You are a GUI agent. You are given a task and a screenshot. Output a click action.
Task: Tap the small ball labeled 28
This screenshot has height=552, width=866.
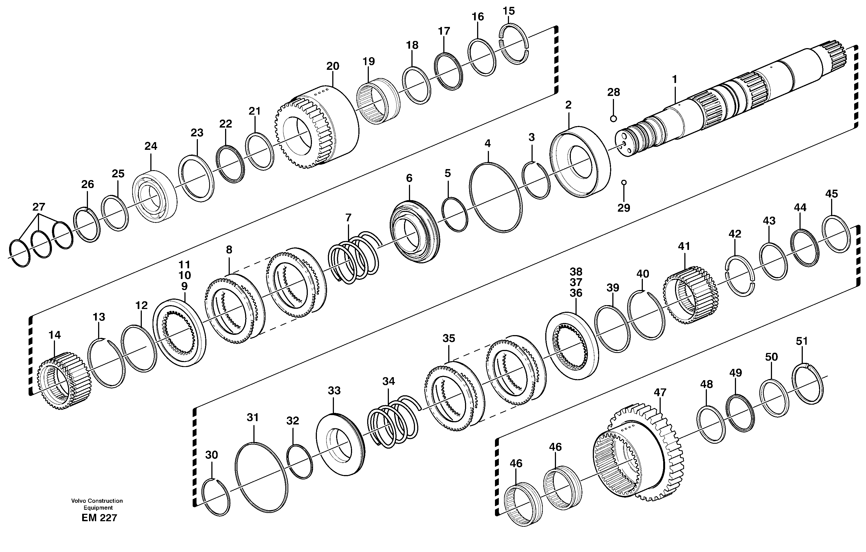point(613,119)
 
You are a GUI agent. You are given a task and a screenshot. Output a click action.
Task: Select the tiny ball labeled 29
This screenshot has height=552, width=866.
point(624,182)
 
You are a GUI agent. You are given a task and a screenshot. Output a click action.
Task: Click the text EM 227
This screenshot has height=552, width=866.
point(99,518)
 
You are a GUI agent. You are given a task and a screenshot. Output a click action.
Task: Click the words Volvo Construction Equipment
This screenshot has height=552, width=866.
point(97,504)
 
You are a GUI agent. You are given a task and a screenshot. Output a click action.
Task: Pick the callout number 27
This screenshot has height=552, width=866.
point(38,207)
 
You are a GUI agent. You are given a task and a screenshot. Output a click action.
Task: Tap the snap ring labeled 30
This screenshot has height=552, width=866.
point(216,497)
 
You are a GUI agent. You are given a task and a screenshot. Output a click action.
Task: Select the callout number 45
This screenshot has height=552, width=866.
point(831,194)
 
